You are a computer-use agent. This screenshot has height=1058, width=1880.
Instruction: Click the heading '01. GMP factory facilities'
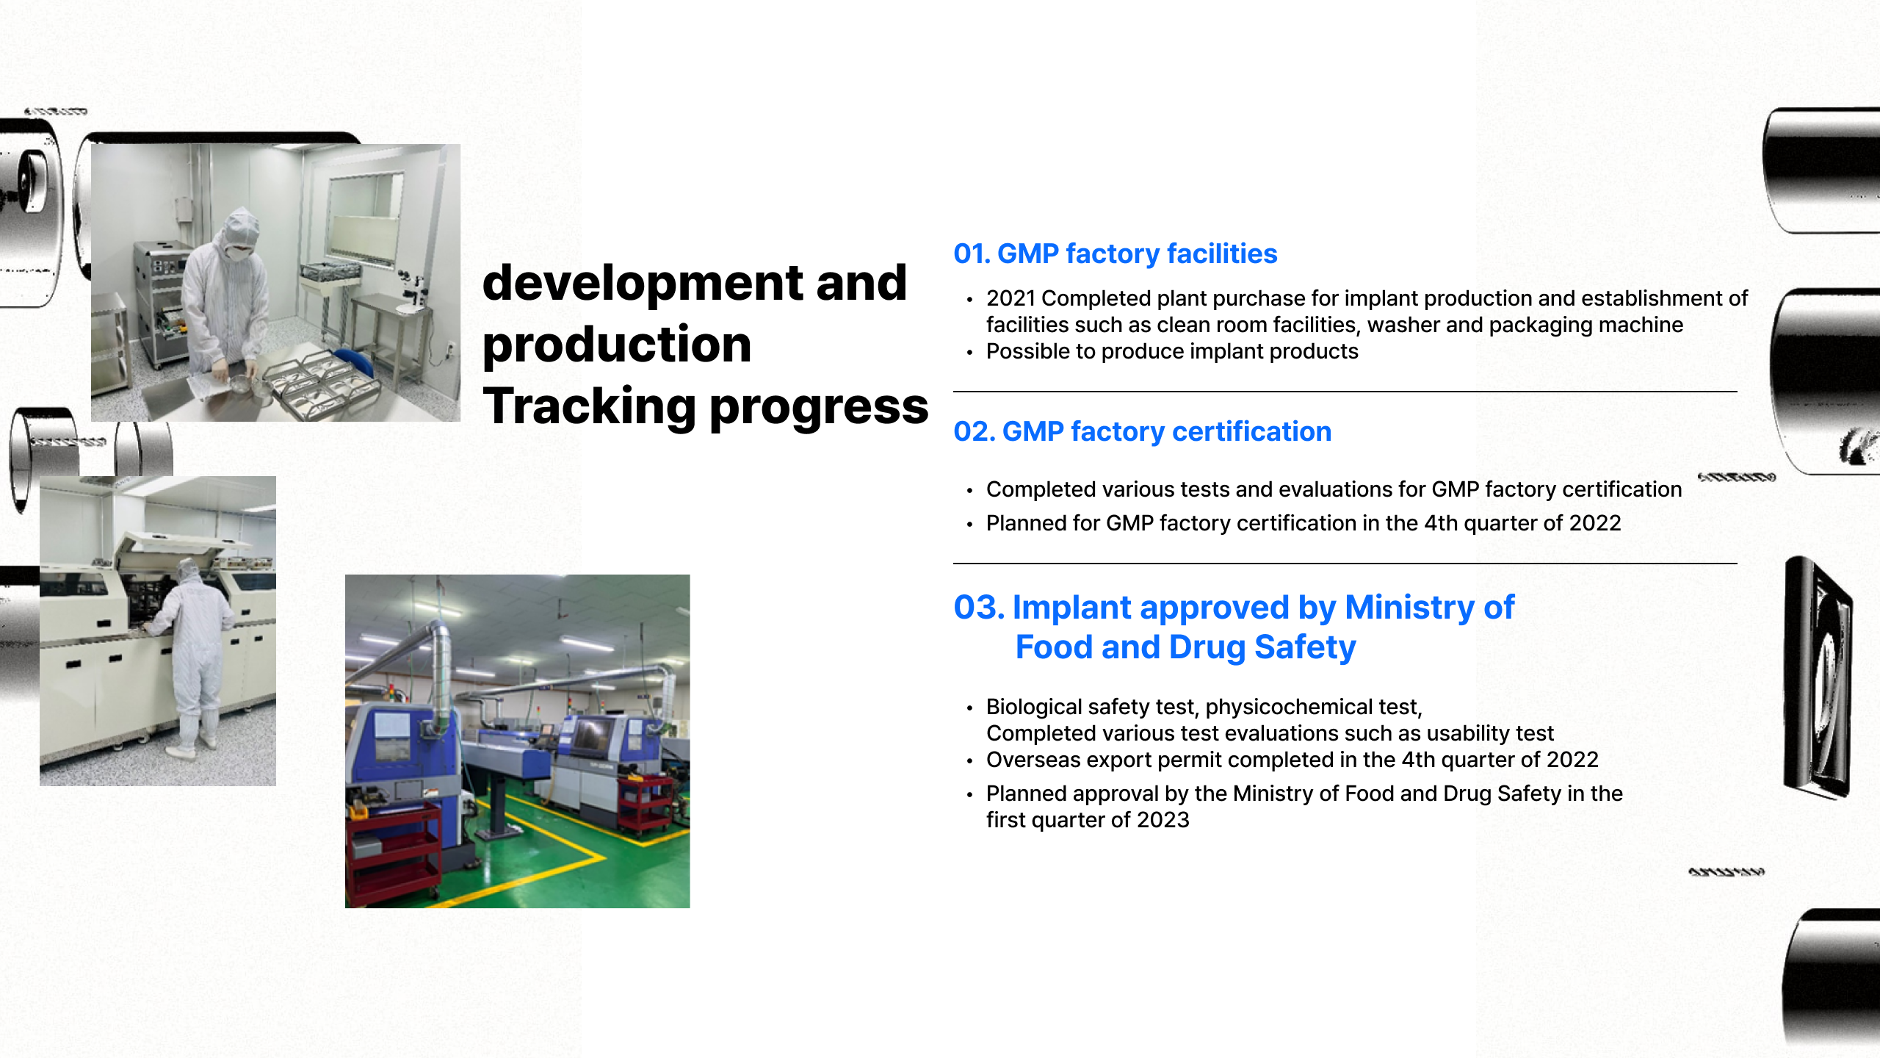pyautogui.click(x=1115, y=253)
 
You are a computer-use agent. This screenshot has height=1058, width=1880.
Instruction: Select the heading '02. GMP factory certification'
pyautogui.click(x=1142, y=431)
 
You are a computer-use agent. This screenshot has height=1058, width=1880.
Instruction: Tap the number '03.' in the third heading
pyautogui.click(x=979, y=608)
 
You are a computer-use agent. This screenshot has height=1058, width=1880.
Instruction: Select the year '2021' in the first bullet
pyautogui.click(x=1010, y=298)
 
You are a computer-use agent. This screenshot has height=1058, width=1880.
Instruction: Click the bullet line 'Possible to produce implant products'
pyautogui.click(x=1172, y=351)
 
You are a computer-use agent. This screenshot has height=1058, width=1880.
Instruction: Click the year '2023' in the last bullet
pyautogui.click(x=1163, y=820)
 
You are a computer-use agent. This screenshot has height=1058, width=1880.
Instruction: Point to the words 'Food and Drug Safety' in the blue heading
pyautogui.click(x=1185, y=647)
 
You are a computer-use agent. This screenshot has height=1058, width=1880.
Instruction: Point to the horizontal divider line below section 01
pyautogui.click(x=1345, y=392)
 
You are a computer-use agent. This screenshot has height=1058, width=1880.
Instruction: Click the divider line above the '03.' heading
pyautogui.click(x=1345, y=564)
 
